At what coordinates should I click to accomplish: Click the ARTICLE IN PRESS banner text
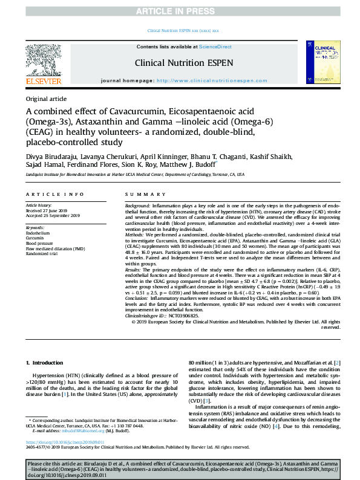[180, 10]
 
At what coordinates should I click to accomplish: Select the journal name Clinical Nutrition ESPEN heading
[179, 62]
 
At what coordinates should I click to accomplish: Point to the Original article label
[47, 99]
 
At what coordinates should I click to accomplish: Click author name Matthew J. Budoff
[186, 164]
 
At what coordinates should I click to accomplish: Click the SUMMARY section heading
[140, 194]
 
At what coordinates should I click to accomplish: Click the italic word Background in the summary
[137, 206]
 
